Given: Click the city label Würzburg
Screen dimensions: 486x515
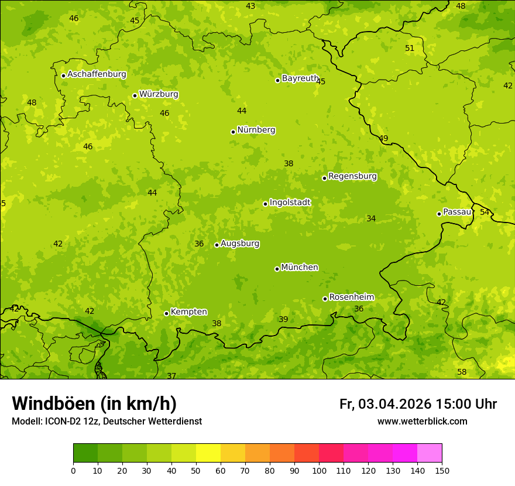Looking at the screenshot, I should [159, 94].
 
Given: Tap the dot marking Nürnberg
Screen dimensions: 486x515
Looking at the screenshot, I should [233, 132].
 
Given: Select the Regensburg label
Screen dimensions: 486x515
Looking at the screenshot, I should [352, 176].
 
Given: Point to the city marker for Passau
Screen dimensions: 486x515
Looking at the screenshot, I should [439, 214].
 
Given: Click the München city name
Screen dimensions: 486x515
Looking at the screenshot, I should [300, 268].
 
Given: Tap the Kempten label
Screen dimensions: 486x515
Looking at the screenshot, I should [188, 312].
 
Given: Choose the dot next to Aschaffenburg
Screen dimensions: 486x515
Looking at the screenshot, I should [63, 76].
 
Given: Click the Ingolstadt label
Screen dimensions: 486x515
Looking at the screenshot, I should [290, 203].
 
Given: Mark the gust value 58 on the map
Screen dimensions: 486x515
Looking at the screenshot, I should [462, 372].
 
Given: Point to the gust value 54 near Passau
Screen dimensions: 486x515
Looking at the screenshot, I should [485, 212].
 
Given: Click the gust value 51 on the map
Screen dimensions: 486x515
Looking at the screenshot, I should [410, 49].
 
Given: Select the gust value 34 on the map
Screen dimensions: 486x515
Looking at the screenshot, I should [371, 218].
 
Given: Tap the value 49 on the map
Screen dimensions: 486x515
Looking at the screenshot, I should [383, 139].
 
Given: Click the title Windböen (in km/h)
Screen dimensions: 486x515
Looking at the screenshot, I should [94, 403].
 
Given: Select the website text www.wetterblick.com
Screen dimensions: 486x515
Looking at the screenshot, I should [422, 422].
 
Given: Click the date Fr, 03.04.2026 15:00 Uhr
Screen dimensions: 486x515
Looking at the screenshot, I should [418, 404].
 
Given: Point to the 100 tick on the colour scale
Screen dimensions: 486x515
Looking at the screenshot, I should [319, 470].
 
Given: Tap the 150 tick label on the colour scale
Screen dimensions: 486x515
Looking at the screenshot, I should [442, 470].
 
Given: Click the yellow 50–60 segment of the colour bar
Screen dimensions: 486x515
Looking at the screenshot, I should [208, 453].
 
